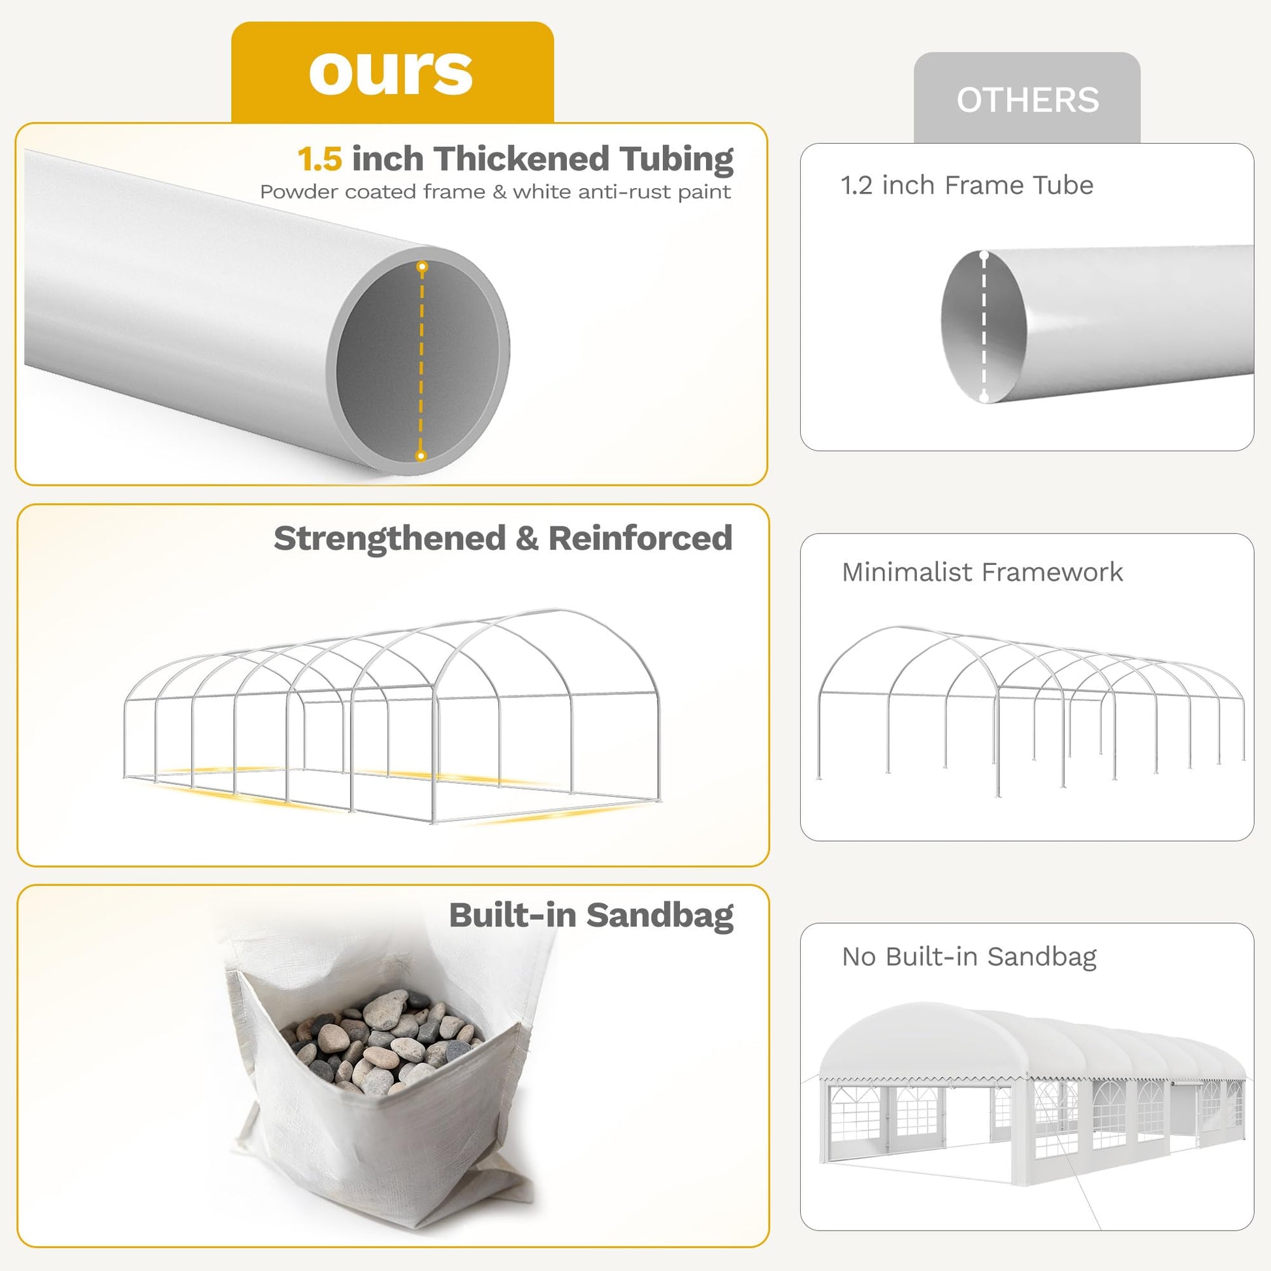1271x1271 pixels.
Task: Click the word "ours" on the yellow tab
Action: (391, 72)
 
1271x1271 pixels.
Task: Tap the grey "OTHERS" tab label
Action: (1027, 100)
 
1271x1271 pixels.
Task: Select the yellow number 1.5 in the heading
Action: (320, 159)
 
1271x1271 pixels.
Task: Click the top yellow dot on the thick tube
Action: (423, 266)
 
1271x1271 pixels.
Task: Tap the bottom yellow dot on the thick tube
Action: (421, 455)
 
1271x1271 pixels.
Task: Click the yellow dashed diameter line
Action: (422, 361)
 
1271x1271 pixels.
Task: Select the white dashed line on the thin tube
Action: (984, 327)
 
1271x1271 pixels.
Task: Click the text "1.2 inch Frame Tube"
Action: (967, 185)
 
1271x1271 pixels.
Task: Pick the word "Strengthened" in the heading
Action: (389, 539)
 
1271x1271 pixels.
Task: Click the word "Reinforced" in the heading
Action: (640, 538)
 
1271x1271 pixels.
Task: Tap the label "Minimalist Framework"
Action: (982, 571)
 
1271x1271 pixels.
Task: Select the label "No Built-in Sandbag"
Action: (969, 957)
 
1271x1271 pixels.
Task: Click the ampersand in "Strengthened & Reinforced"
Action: (527, 539)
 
